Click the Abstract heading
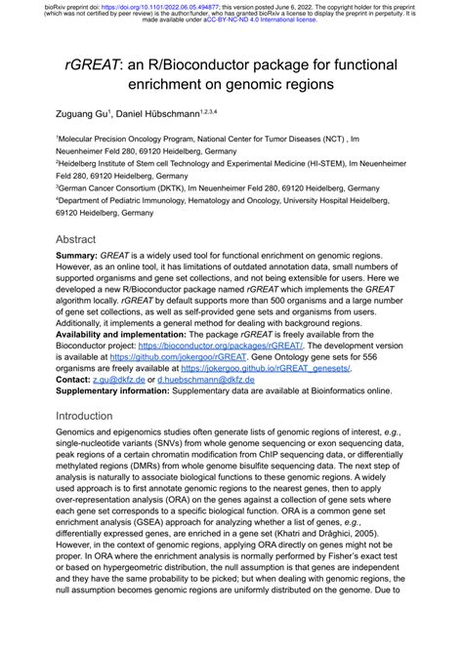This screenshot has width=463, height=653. (x=75, y=239)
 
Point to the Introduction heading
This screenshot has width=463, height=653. (x=85, y=415)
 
